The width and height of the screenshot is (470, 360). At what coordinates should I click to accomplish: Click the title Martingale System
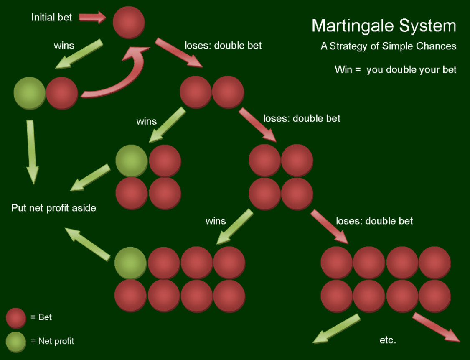tap(384, 26)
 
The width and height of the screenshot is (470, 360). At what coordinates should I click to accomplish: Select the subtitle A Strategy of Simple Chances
tap(388, 46)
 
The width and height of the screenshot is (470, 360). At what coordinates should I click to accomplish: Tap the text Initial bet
tap(51, 18)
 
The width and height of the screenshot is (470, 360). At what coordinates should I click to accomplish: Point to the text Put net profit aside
tap(53, 207)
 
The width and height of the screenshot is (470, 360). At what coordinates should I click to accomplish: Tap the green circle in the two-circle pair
tap(29, 93)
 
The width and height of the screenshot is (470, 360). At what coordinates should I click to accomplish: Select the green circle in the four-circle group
tap(131, 161)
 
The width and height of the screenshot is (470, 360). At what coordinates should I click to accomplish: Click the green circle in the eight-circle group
tap(130, 263)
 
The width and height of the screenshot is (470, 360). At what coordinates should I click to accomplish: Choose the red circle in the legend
tap(16, 318)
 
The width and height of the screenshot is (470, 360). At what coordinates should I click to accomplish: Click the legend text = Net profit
tap(52, 341)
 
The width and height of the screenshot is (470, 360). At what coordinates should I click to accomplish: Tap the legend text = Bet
tap(41, 317)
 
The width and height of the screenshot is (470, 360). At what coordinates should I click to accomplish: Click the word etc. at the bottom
tap(388, 340)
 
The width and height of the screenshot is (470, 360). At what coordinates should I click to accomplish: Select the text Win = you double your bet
tap(395, 70)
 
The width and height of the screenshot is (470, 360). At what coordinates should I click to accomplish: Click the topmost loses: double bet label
tap(223, 45)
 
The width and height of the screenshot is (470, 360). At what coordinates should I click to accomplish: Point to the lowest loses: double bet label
tap(374, 221)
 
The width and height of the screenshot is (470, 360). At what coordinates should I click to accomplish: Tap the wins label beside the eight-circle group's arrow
tap(216, 221)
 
